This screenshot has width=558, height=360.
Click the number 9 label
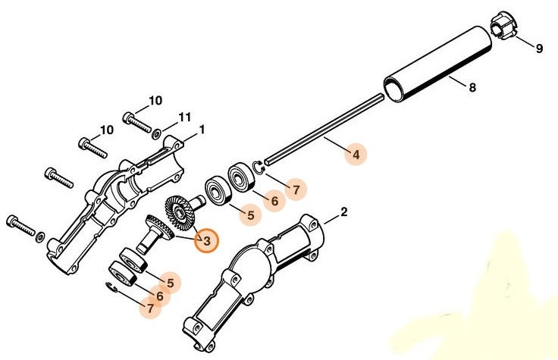point(539,49)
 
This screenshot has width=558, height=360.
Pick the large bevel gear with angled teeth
point(180,213)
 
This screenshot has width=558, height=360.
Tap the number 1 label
point(202,130)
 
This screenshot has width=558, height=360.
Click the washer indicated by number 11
point(157,134)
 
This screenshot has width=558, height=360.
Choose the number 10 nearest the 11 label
point(155,100)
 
